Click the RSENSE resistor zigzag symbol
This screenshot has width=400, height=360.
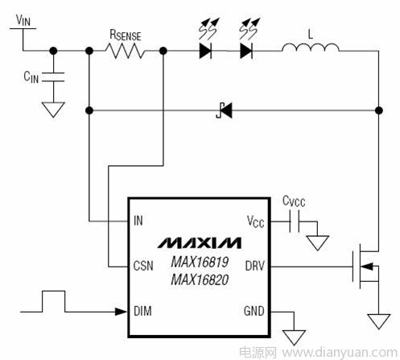(x=125, y=51)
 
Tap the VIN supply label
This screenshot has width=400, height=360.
(x=23, y=20)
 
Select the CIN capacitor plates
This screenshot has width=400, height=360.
(x=53, y=77)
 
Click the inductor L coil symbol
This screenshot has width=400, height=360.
(x=311, y=48)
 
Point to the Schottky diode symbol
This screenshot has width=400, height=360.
(x=225, y=110)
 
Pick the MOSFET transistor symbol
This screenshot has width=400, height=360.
(x=365, y=267)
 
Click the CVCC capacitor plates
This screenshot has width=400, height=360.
(x=295, y=221)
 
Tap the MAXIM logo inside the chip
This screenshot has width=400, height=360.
(x=199, y=242)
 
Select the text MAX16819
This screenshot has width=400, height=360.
(x=200, y=262)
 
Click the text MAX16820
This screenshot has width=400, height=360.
(x=200, y=279)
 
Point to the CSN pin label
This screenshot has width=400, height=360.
(x=143, y=266)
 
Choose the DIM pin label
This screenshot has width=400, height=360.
(x=142, y=311)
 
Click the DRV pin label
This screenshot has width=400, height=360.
(x=255, y=266)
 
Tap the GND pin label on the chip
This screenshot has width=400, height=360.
(x=254, y=311)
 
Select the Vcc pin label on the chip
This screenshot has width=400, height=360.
(x=255, y=221)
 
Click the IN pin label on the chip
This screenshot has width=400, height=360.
(x=138, y=221)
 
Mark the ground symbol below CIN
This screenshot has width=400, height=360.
(x=53, y=110)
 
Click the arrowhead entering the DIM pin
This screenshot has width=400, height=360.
(x=121, y=312)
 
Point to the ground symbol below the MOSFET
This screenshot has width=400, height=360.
(x=378, y=321)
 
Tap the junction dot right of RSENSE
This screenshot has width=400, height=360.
(x=163, y=51)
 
